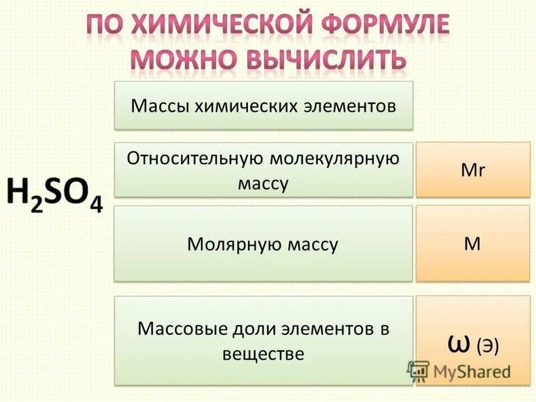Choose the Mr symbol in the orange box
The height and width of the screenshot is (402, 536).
click(x=472, y=170)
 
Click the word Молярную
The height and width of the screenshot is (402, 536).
click(x=222, y=244)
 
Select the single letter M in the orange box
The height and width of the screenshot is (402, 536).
click(x=472, y=244)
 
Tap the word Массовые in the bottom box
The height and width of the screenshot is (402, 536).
click(x=174, y=329)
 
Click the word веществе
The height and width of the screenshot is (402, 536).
click(x=263, y=352)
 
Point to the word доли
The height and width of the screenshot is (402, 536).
click(x=243, y=329)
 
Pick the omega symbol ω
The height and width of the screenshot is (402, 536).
click(x=458, y=341)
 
